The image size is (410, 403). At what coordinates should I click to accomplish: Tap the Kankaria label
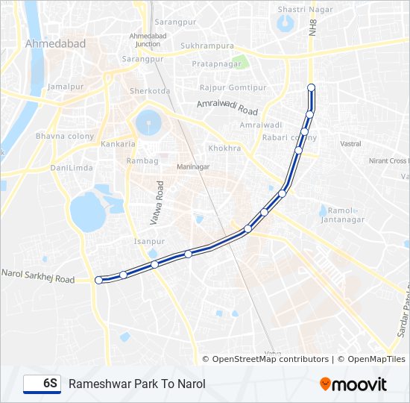click(x=119, y=143)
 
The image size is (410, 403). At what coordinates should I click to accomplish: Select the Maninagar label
click(x=192, y=166)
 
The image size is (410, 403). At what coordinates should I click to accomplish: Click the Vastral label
click(x=350, y=143)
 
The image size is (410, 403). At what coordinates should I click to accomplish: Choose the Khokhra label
click(x=224, y=149)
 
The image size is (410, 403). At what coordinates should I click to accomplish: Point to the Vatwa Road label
click(x=157, y=202)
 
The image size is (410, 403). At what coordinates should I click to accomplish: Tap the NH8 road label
click(x=313, y=28)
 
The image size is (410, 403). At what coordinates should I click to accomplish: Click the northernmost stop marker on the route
click(x=312, y=88)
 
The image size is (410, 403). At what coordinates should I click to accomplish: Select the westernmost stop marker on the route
click(x=99, y=280)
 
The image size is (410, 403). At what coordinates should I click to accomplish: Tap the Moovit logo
click(x=353, y=384)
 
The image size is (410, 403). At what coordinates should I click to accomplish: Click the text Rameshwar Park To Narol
click(x=136, y=384)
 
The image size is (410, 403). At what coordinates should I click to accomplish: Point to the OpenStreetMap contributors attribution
click(x=265, y=359)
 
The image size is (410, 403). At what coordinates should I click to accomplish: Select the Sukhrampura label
click(x=207, y=46)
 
